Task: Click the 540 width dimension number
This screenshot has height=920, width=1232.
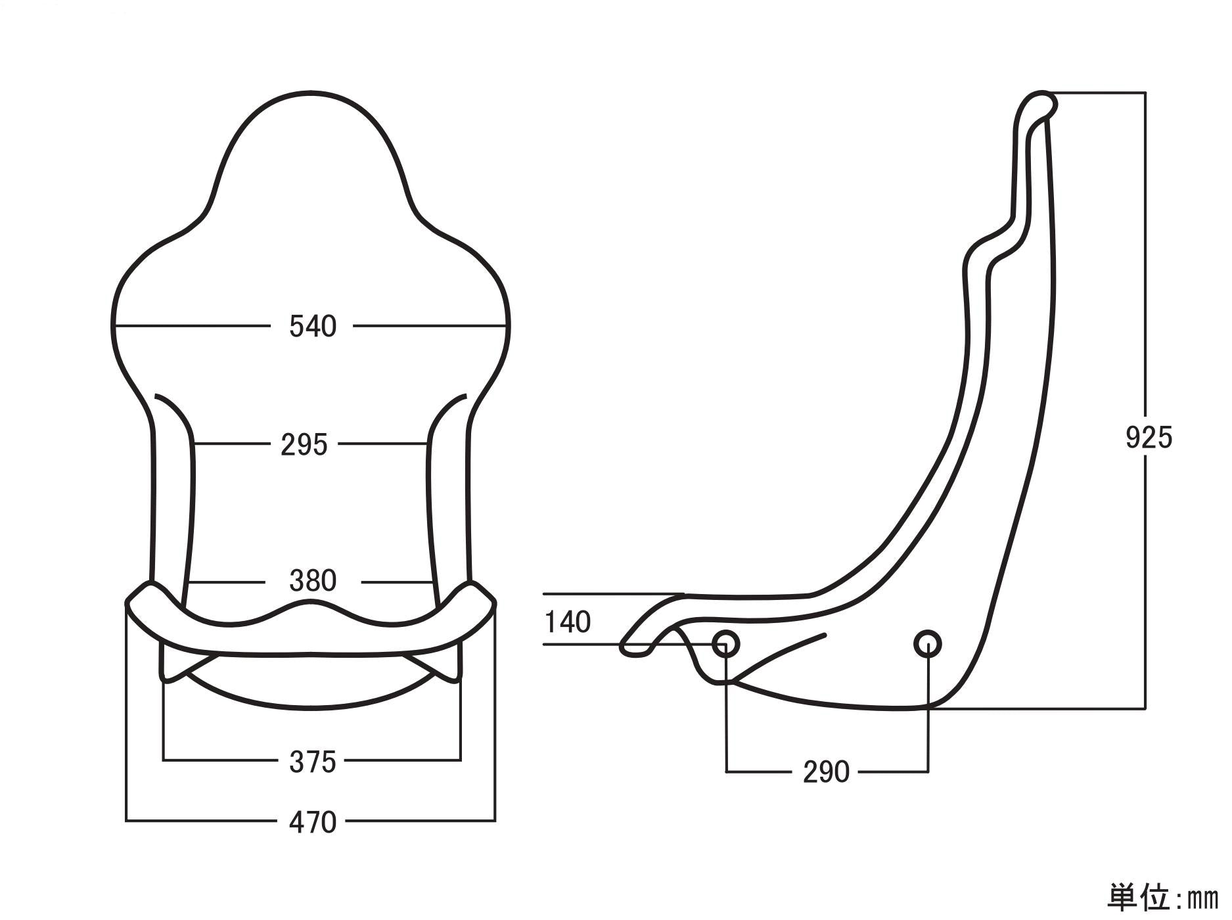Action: click(313, 326)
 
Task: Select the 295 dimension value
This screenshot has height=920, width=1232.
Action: click(304, 445)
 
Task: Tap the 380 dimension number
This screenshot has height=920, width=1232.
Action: click(313, 581)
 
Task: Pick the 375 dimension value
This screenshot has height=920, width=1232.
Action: click(313, 762)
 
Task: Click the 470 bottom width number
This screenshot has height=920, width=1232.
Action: click(313, 822)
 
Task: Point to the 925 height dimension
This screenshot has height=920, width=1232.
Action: click(1149, 438)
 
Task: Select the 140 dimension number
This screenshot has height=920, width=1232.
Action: click(568, 622)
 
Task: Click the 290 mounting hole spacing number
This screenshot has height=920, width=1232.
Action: click(826, 772)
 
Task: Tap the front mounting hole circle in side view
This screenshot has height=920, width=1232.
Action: click(726, 644)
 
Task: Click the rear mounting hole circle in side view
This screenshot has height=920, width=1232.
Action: click(927, 644)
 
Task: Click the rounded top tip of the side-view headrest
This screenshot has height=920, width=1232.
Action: click(1042, 102)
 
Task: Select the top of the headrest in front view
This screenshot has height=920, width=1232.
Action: click(311, 94)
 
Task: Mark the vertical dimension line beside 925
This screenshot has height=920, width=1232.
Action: click(1145, 263)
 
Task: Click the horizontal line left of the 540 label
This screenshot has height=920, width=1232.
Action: click(191, 325)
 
